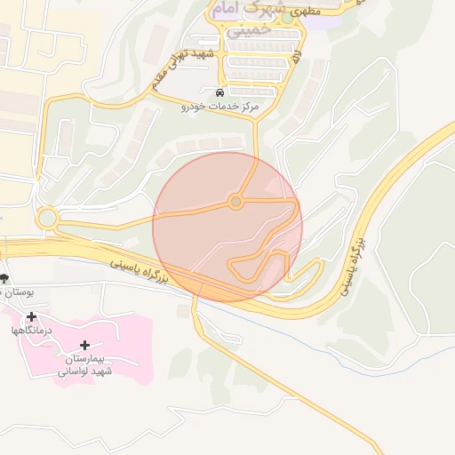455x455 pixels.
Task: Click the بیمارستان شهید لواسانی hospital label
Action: point(85,365)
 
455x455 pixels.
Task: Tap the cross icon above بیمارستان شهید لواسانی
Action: point(85,345)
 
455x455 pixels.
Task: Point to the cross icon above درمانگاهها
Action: point(32,316)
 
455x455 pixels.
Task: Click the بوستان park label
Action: point(16,292)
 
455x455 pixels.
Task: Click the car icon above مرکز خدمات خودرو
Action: point(220,92)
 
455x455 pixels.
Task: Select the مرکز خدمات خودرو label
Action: point(220,107)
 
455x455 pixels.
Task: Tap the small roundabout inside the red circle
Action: point(235,203)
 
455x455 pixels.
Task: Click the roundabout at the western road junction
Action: point(47,218)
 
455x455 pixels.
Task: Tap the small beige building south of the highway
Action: point(183,310)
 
